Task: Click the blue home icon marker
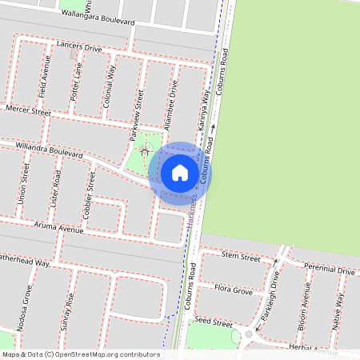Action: tap(180, 172)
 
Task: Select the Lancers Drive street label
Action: tap(80, 47)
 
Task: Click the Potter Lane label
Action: tap(76, 83)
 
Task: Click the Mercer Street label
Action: tap(28, 109)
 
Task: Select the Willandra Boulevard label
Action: tap(50, 149)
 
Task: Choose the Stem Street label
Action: tap(241, 258)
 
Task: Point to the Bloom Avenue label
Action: tap(305, 311)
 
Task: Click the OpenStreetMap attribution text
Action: tap(80, 354)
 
